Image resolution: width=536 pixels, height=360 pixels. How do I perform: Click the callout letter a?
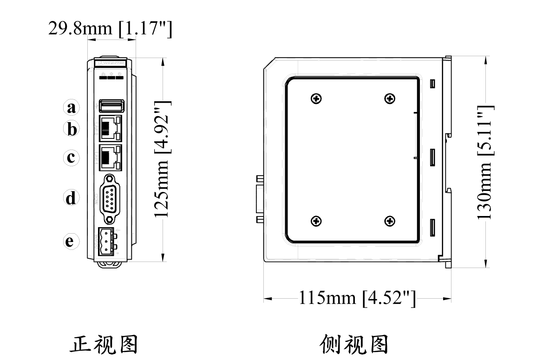71,108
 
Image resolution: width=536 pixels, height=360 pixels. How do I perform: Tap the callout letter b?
71,129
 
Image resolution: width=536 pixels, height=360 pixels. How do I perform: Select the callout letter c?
71,157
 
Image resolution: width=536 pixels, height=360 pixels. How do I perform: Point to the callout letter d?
71,198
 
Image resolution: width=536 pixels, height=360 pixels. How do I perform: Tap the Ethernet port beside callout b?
111,128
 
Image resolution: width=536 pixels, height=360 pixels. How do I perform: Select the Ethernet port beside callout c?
111,156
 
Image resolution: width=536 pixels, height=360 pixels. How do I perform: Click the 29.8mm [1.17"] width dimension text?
110,28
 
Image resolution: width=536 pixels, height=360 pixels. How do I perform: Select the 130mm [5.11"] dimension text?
485,162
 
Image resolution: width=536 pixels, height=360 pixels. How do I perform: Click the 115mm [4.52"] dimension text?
357,298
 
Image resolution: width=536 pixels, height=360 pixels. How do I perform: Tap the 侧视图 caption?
354,345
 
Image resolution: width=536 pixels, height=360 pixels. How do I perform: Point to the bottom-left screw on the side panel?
316,221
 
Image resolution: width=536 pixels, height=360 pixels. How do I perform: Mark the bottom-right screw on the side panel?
390,221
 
